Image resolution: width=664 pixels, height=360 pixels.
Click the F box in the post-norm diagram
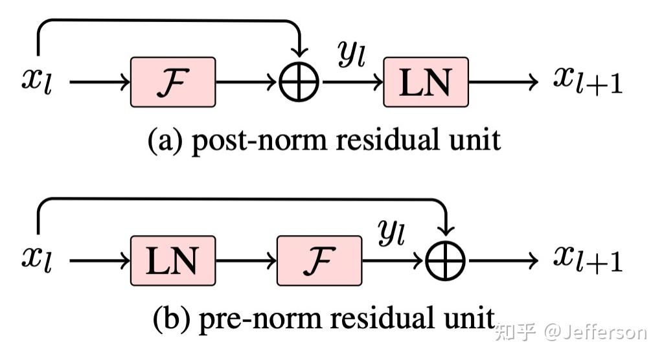pyautogui.click(x=173, y=82)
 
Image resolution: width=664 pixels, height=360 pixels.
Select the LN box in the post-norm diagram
pyautogui.click(x=426, y=82)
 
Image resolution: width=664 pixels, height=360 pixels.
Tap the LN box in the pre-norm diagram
pyautogui.click(x=173, y=260)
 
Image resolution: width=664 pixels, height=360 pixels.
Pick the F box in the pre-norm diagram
pyautogui.click(x=319, y=260)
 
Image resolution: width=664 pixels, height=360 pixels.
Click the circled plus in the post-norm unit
pyautogui.click(x=299, y=83)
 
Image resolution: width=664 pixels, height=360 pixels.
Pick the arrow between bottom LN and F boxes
pyautogui.click(x=246, y=261)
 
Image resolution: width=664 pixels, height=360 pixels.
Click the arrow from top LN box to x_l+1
pyautogui.click(x=503, y=83)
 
